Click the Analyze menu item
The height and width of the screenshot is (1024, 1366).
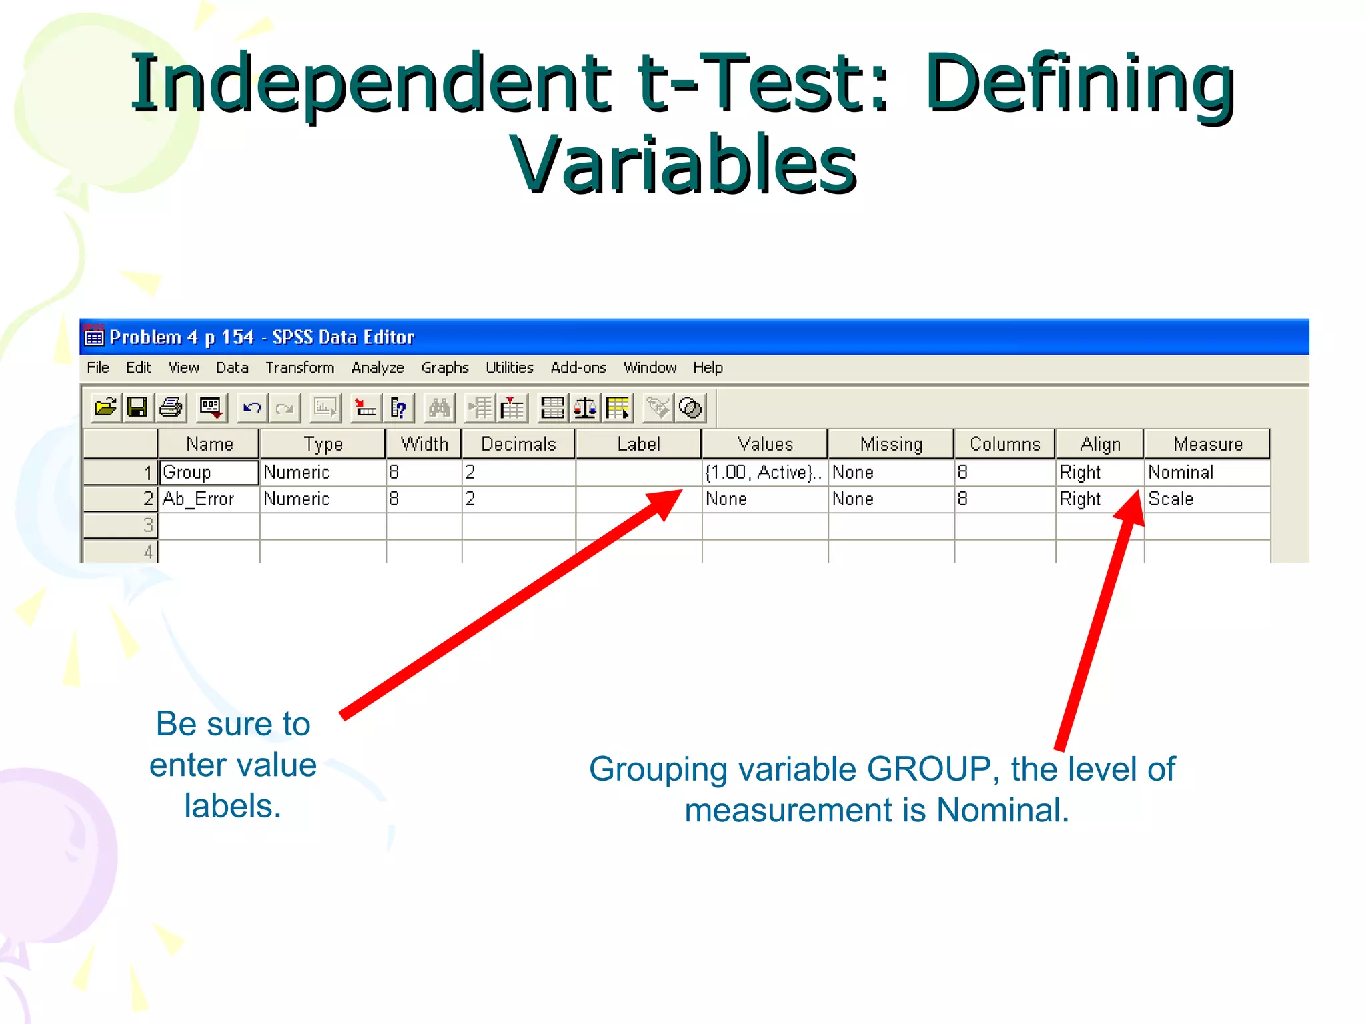click(378, 368)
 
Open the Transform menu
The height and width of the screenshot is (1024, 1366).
click(299, 368)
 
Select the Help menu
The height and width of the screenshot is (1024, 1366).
click(708, 368)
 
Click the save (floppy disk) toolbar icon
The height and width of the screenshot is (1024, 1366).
click(137, 407)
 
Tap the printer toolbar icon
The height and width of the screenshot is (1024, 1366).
click(171, 407)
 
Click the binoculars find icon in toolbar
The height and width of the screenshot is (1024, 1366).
click(440, 407)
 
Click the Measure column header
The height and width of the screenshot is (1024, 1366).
click(1207, 444)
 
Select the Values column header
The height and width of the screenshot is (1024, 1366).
click(765, 444)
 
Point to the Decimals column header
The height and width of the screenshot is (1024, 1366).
click(518, 444)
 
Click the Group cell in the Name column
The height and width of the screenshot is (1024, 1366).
click(209, 472)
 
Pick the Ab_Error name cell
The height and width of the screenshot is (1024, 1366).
click(209, 499)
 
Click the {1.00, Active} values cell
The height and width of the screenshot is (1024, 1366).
click(764, 472)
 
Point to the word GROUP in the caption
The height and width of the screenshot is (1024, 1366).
click(928, 769)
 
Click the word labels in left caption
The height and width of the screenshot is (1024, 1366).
click(233, 806)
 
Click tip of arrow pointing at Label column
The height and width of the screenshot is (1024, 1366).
click(680, 492)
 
